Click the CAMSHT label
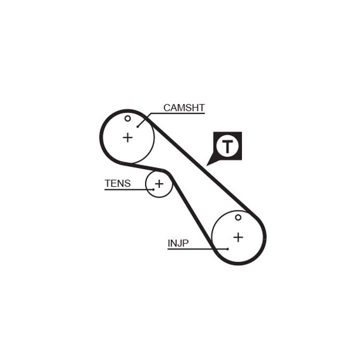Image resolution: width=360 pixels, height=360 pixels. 184,107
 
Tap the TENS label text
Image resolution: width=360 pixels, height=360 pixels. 117,183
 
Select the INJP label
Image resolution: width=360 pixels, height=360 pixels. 178,244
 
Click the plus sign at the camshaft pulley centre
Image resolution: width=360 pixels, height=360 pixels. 128,137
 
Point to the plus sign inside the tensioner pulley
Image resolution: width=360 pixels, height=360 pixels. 159,184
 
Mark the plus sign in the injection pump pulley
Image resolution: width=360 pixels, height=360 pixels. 238,237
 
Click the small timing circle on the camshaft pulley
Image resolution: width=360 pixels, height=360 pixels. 127,118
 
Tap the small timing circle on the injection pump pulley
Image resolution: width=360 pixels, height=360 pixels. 238,217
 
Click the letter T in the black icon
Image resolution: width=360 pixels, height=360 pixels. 228,146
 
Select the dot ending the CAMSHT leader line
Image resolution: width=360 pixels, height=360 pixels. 138,126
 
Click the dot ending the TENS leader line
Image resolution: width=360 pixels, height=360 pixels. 153,189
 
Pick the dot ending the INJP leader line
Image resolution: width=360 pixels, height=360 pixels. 227,248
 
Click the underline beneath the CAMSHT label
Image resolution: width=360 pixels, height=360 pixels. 184,113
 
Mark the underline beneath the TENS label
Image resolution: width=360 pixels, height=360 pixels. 125,189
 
